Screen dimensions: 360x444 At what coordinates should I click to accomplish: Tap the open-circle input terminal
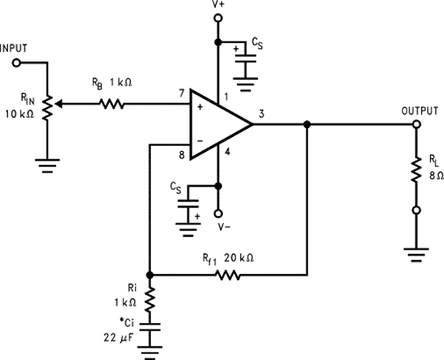[16, 63]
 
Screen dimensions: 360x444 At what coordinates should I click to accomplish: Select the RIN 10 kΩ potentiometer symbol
[47, 106]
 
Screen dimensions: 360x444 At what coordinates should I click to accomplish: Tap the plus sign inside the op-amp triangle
[200, 107]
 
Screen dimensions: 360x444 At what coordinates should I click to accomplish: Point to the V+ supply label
[218, 7]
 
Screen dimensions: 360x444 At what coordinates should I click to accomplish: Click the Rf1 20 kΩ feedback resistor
[226, 274]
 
